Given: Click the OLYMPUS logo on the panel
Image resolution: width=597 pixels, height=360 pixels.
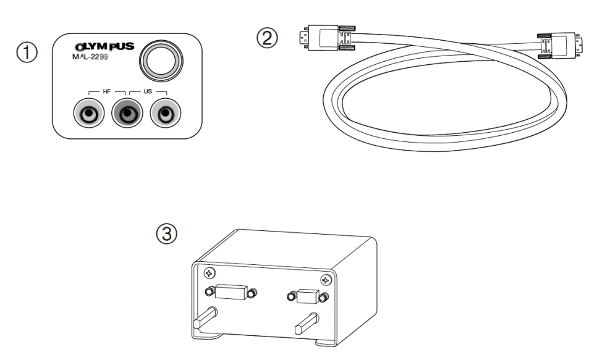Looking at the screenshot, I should [101, 47].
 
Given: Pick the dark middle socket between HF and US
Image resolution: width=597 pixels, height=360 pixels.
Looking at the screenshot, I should [126, 114].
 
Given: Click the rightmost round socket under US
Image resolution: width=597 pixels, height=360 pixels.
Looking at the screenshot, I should [164, 114].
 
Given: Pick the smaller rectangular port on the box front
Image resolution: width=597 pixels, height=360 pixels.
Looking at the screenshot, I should [306, 297].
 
